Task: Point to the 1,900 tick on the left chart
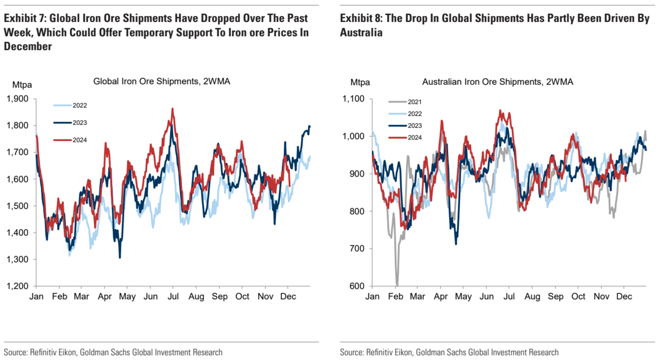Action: (x=18, y=99)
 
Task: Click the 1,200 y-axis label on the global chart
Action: (x=18, y=286)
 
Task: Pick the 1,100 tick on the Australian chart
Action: (x=353, y=99)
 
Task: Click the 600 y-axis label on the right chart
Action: (x=357, y=286)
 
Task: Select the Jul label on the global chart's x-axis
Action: (x=173, y=297)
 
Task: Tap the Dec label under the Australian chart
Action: (x=624, y=297)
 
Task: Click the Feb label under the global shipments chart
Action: (x=59, y=297)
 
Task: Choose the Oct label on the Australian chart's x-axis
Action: (x=578, y=297)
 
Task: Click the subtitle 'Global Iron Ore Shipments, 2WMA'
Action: (x=162, y=81)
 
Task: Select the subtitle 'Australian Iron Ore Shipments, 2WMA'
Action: (x=497, y=82)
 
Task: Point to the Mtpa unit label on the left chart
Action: (x=22, y=85)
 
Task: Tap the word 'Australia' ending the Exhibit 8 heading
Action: (x=361, y=33)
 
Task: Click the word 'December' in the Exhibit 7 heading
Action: (x=28, y=46)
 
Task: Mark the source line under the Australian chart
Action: (x=449, y=352)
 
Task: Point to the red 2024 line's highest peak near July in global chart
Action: (x=172, y=109)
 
